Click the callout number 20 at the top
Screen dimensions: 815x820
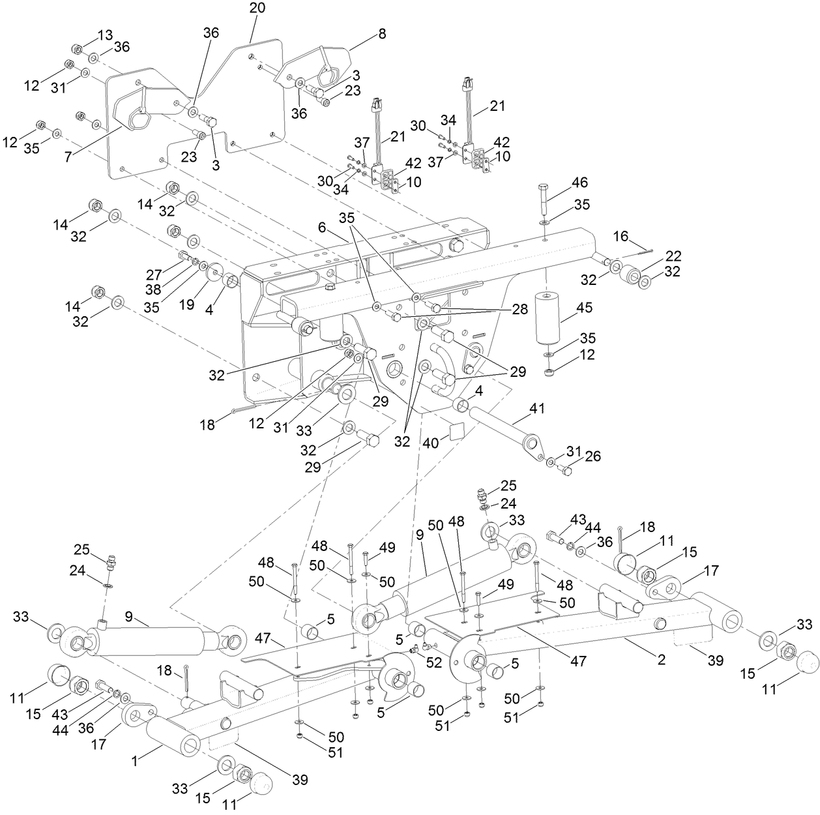tap(257, 8)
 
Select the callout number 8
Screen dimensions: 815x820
tap(381, 35)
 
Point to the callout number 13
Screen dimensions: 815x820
tap(105, 34)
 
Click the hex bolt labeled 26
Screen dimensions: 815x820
tap(566, 469)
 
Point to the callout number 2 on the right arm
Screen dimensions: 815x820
tap(661, 660)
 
